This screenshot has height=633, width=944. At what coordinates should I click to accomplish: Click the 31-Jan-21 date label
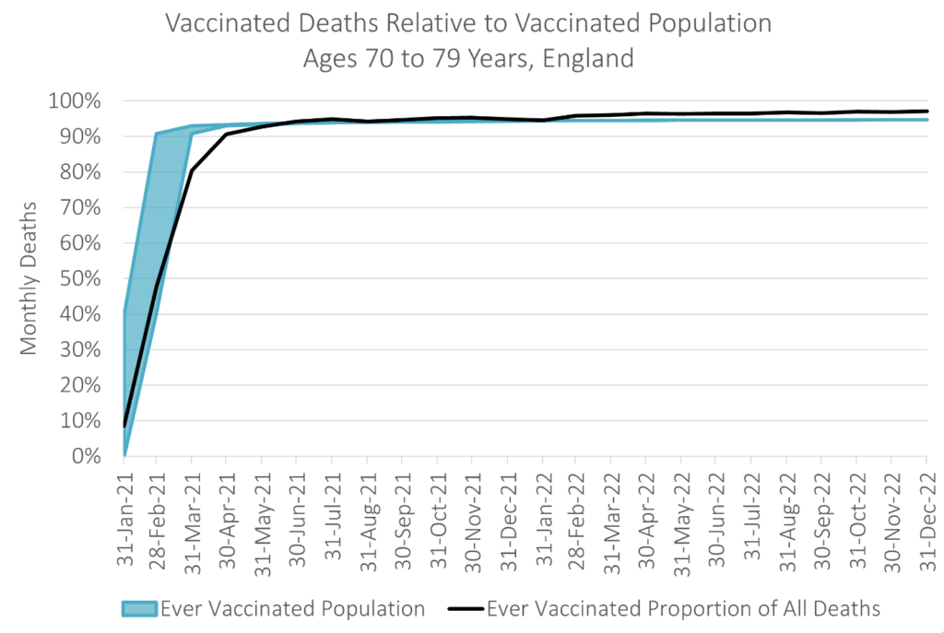click(x=124, y=517)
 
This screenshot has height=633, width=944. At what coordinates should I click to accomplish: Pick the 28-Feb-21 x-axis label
click(x=158, y=517)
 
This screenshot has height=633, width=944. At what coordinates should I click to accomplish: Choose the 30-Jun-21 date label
click(x=297, y=517)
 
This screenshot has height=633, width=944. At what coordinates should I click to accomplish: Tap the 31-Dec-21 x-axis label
click(x=507, y=517)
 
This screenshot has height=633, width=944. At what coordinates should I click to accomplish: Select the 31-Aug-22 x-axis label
click(x=786, y=517)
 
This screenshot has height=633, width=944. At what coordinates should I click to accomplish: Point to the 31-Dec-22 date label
click(x=926, y=517)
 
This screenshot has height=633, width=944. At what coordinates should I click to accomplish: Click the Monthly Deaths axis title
click(x=29, y=278)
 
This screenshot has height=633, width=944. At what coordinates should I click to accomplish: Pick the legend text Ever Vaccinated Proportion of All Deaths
click(x=683, y=608)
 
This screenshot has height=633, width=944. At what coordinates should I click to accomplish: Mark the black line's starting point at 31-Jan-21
click(x=124, y=426)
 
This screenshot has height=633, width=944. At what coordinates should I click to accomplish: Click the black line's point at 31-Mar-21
click(x=192, y=170)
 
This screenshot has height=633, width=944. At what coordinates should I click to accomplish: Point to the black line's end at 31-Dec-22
click(x=926, y=111)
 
